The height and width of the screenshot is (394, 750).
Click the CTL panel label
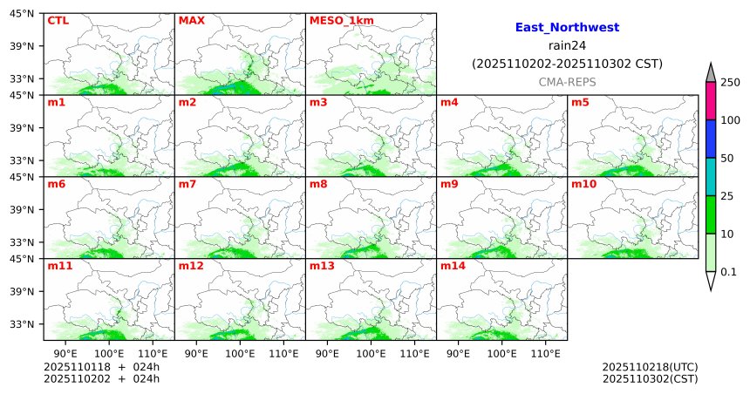tap(58, 20)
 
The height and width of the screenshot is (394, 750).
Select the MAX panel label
tap(191, 20)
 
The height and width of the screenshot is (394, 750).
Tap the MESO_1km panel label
tap(337, 20)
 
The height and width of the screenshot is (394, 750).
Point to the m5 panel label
tap(580, 102)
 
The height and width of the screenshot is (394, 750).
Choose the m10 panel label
tap(583, 184)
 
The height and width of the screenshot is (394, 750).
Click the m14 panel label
tap(453, 266)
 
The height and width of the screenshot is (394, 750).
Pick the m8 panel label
tap(318, 184)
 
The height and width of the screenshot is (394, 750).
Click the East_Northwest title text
tap(567, 28)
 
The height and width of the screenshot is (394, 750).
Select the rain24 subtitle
tap(567, 45)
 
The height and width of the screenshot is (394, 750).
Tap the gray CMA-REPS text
tap(567, 81)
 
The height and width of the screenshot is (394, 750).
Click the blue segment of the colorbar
tap(711, 139)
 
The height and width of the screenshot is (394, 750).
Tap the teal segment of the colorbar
tap(711, 177)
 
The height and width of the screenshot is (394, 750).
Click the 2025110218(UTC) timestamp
tap(650, 366)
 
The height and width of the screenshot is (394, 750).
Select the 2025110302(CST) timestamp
tap(650, 378)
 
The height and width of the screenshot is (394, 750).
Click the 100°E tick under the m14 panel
tap(502, 354)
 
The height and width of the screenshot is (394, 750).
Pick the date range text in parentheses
tap(567, 64)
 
